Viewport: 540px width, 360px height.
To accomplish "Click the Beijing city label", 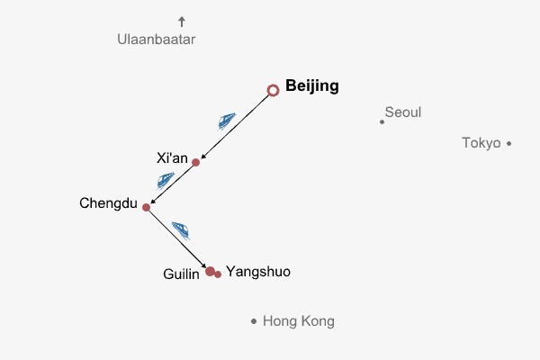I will click(311, 86).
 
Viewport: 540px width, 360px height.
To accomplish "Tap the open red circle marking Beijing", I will click(274, 90).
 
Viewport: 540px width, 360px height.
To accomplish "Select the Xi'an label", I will click(172, 158).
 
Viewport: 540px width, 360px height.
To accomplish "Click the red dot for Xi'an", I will click(195, 163).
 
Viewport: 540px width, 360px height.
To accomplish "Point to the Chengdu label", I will click(108, 203).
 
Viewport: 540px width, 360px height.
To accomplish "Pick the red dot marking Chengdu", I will click(146, 207).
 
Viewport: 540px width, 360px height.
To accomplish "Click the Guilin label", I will click(181, 274).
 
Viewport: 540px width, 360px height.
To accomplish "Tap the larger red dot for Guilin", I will click(210, 271).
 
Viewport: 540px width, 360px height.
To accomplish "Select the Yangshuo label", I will click(258, 271).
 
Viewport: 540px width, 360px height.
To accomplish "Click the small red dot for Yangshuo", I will click(218, 274).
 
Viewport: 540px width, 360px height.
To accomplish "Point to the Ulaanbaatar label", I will click(156, 40).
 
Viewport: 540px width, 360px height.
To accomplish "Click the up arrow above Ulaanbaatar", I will click(182, 21).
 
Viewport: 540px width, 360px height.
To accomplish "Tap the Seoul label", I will click(402, 112).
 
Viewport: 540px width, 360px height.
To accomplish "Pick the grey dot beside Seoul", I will click(382, 121).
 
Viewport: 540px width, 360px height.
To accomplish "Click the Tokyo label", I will click(481, 142).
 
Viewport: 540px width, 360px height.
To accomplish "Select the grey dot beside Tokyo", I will click(508, 142).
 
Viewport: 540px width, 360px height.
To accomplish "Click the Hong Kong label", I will click(298, 320).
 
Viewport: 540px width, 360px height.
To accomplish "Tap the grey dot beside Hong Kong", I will click(254, 321).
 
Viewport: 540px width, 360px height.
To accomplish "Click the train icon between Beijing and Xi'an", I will click(226, 120).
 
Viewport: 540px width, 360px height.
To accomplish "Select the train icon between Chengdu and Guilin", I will click(181, 230).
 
